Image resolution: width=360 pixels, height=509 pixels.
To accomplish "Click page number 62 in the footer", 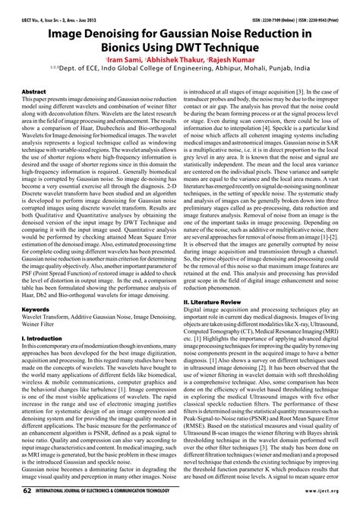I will [27, 492].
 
